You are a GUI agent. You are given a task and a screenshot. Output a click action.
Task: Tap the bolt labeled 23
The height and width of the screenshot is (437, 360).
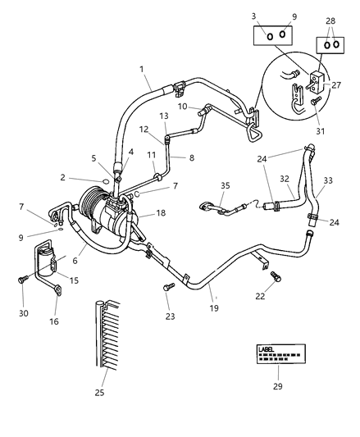coord(167,287)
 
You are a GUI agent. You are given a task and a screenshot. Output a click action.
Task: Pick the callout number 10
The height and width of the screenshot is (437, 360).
coord(183,107)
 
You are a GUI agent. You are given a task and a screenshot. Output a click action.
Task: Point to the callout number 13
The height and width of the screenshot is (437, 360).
coord(163,116)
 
